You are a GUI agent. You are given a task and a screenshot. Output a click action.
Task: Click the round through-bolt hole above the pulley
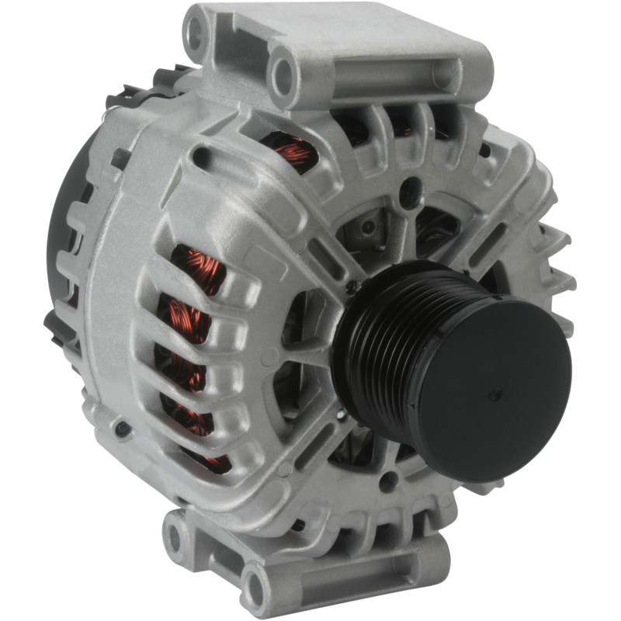pos(410,191)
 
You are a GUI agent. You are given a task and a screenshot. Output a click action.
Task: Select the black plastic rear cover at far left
pos(66,233)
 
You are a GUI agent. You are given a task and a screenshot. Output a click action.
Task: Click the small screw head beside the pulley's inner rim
pos(354,287)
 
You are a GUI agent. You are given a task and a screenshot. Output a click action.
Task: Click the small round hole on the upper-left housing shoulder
pos(201,158)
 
